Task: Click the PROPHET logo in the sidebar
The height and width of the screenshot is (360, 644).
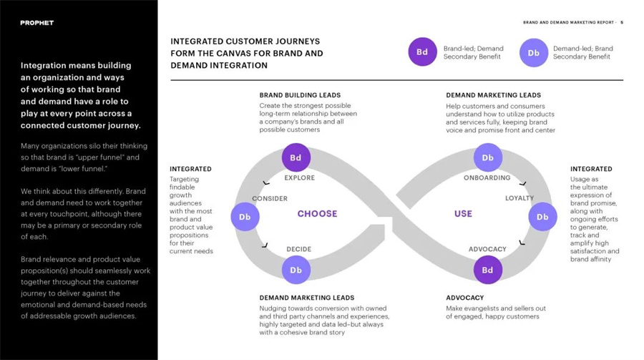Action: coord(37,23)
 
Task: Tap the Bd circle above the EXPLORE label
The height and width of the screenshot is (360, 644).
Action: coord(296,157)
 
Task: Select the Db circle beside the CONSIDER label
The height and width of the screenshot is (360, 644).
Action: coord(245,217)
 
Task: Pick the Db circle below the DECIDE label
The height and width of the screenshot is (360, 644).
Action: coord(296,270)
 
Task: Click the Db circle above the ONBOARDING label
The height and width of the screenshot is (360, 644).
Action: coord(487,157)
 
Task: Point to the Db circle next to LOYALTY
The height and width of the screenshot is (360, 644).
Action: coord(542,217)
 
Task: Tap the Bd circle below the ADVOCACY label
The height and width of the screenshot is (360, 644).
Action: coord(487,270)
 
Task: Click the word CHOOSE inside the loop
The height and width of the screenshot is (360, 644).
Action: coord(317,214)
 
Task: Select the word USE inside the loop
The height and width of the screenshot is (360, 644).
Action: coord(463,214)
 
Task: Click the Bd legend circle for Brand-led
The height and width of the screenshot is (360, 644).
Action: coord(422,52)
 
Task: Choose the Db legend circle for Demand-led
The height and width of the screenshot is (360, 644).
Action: coord(534,52)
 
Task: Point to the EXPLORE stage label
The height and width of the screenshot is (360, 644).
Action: coord(299,178)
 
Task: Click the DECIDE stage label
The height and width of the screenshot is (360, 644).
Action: coord(298,249)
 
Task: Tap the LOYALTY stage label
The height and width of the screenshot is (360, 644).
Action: coord(519,198)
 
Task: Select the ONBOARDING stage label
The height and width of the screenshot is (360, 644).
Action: coord(487,178)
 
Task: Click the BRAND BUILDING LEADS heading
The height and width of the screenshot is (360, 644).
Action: coord(300,95)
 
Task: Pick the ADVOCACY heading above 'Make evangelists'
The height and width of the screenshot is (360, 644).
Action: coord(465,298)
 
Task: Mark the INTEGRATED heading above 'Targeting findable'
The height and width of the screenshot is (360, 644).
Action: coord(190,169)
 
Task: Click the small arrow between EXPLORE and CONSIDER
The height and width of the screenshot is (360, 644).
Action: coord(266,183)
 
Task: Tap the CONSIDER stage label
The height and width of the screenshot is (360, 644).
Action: coord(270,198)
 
